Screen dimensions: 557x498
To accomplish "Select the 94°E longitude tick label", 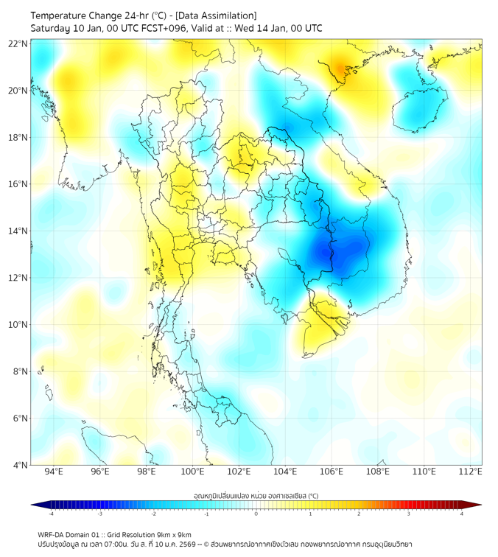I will (54, 472).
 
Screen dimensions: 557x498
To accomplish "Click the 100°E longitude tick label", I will (192, 472).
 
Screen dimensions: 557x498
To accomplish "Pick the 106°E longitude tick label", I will (332, 472).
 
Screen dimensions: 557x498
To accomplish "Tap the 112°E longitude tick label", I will (471, 472).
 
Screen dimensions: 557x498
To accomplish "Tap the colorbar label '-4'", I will (51, 514).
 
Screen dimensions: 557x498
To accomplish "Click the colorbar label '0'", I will (256, 514).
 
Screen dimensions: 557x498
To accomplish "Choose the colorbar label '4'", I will (462, 514).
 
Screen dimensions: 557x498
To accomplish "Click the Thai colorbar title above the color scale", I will (256, 496).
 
